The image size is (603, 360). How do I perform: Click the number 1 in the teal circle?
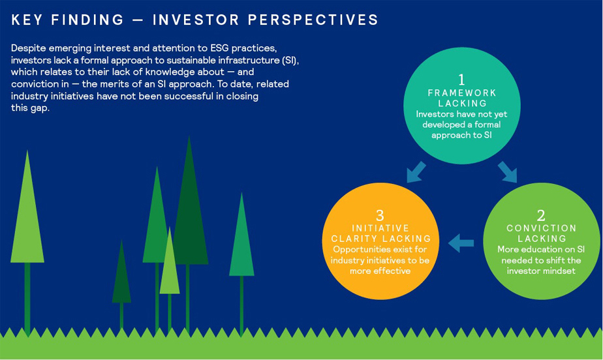click(461, 80)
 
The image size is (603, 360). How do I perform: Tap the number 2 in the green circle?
click(541, 215)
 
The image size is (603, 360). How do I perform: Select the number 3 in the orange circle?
click(380, 215)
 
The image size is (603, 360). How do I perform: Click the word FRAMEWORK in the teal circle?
click(462, 93)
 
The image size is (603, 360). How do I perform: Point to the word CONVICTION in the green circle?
click(542, 228)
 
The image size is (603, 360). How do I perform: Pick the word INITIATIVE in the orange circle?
click(380, 228)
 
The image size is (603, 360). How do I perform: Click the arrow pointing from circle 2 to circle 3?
click(461, 243)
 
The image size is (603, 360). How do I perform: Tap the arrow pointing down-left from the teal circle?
click(416, 172)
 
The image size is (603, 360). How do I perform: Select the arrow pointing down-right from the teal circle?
click(507, 172)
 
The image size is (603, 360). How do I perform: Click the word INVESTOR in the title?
click(196, 20)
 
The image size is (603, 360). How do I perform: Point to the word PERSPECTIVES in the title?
click(313, 20)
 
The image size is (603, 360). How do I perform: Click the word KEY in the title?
click(27, 20)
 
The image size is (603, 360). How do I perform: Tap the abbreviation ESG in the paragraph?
click(219, 48)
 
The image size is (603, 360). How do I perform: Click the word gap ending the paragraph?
click(40, 109)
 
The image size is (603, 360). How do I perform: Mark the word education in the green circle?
click(539, 249)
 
